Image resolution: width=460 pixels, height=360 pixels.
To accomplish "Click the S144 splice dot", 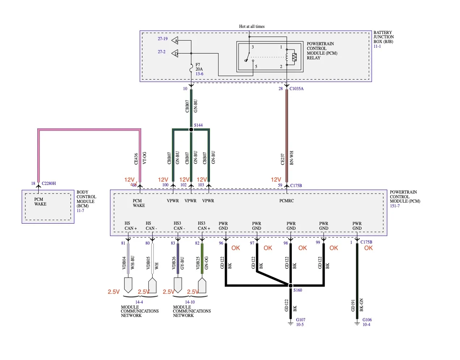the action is point(191,130).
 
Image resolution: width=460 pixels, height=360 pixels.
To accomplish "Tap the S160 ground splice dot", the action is point(290,285).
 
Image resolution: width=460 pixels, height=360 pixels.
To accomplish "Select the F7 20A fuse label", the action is point(199,67).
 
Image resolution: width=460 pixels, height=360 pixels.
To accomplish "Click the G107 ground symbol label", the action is point(300,319).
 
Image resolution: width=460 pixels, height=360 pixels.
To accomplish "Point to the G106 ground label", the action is point(367,319).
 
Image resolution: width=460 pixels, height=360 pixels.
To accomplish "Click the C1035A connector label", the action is point(296,89).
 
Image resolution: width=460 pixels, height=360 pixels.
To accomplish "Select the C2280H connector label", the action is point(49,183).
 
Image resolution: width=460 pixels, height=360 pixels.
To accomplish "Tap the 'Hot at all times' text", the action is point(252,26).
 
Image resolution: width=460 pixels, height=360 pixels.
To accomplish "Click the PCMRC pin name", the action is point(286,201).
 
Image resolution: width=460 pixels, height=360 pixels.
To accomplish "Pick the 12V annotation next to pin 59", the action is point(276,180).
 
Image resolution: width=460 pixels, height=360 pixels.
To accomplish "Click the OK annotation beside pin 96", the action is point(235,248).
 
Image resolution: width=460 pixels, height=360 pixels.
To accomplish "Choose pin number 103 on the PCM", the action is point(201,185).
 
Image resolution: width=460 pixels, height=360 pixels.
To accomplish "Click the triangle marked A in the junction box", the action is point(175,41).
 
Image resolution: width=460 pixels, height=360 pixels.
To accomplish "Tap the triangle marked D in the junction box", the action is point(175,53).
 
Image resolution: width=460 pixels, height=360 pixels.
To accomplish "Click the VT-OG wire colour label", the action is point(144,158).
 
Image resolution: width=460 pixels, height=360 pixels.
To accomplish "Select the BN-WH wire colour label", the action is point(291,158).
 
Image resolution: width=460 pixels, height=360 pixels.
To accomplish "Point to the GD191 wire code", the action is point(353,305).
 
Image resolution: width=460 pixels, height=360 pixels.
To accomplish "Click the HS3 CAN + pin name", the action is point(204,226).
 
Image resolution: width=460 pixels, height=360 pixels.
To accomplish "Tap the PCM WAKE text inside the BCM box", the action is point(40,202).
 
